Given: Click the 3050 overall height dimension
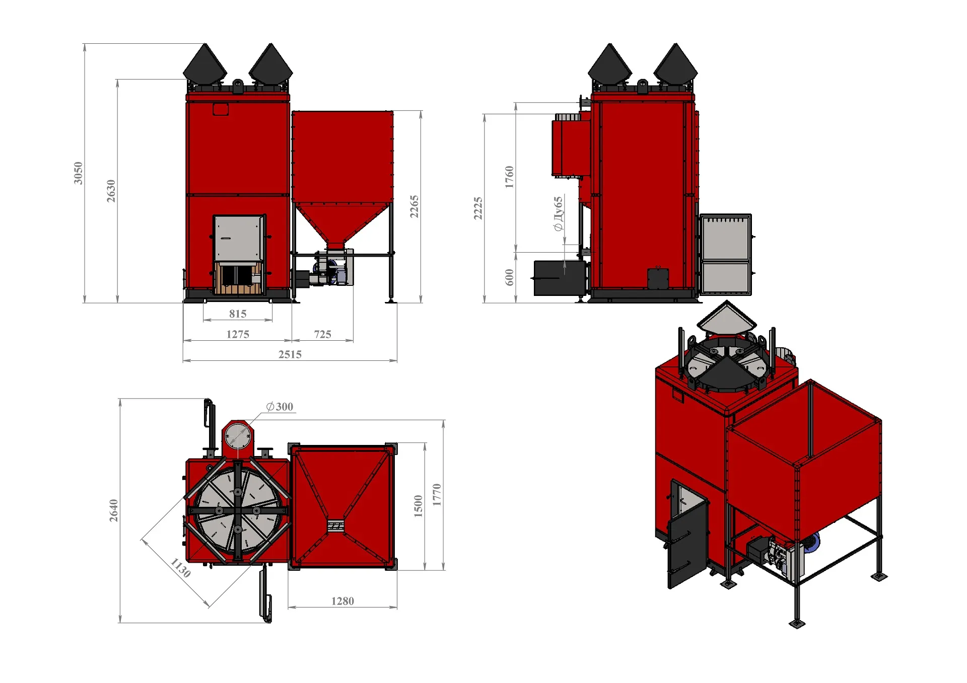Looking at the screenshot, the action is [x=78, y=173].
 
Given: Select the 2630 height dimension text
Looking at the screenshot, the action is [x=111, y=191].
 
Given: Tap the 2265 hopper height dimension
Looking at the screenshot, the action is [x=414, y=207].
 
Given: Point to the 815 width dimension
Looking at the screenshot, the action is [x=238, y=314].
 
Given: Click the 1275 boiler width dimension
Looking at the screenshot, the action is [x=238, y=334].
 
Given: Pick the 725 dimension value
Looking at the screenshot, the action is [x=323, y=334].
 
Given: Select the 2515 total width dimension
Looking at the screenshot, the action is [x=290, y=354].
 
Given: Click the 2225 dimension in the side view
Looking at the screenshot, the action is [x=478, y=208].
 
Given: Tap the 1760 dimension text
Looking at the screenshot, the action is [x=509, y=177].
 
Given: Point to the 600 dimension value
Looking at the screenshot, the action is [x=509, y=277].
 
